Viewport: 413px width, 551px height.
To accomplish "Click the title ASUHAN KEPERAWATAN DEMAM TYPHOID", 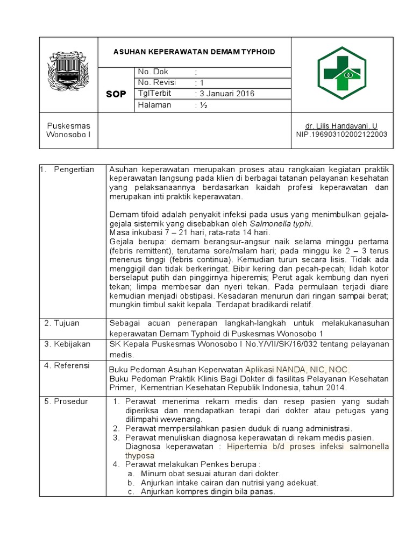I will click(x=194, y=52).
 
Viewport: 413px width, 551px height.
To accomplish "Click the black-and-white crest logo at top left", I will click(x=68, y=71).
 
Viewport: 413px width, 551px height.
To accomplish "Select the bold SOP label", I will click(x=116, y=94).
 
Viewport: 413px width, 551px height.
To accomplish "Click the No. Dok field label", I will click(x=153, y=72).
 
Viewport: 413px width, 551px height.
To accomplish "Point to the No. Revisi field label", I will click(x=158, y=83).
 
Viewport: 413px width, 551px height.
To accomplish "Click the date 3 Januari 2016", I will click(x=224, y=94).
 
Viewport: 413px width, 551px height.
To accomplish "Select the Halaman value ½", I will click(x=203, y=105).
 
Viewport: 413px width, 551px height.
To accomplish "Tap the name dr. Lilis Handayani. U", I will click(x=341, y=125).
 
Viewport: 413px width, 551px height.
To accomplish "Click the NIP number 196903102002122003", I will click(x=341, y=135).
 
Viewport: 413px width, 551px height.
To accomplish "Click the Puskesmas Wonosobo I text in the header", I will click(x=68, y=130).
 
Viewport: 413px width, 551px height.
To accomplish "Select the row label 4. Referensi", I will click(x=67, y=366).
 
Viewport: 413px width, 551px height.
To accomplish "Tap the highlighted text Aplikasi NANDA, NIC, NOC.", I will click(x=297, y=370).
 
